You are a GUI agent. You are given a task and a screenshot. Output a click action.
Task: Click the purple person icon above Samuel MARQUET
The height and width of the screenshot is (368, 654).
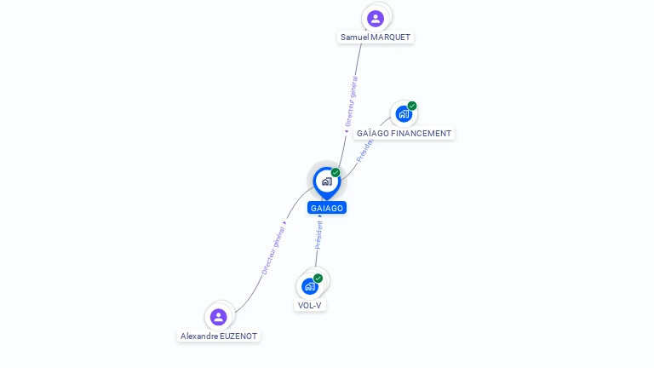[376, 18]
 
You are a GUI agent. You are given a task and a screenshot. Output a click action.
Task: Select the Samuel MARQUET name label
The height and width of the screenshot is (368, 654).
[376, 37]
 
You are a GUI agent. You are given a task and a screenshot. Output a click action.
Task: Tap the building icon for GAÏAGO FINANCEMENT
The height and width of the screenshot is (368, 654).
[403, 114]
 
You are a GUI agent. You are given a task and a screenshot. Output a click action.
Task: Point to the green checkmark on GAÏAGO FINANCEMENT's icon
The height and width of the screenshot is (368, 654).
[412, 106]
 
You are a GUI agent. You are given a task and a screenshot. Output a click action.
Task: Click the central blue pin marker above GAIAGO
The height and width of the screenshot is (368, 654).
[326, 181]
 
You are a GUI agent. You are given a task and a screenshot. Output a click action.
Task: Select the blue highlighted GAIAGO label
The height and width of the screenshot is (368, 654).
[327, 208]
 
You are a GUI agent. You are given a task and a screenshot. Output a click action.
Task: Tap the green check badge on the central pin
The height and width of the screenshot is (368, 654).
[336, 172]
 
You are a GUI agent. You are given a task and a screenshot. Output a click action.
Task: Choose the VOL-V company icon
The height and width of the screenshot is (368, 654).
[310, 286]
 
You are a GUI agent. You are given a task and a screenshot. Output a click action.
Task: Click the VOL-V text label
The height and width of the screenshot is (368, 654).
[310, 305]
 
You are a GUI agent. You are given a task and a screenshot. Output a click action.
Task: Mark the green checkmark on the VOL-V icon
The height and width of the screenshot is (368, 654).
[318, 278]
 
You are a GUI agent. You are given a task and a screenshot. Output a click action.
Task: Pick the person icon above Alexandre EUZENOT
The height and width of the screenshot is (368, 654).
[219, 317]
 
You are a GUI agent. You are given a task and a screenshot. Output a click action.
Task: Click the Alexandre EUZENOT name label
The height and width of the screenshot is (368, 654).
[219, 336]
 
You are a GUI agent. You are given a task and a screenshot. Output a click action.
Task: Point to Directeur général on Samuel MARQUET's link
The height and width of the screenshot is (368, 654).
[352, 101]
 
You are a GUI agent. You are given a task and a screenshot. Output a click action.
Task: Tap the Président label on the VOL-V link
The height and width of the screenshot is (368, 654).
[319, 234]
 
